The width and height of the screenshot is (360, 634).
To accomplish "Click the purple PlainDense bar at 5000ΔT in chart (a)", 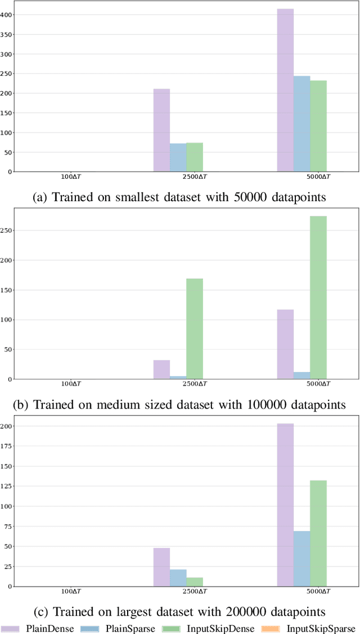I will [285, 90].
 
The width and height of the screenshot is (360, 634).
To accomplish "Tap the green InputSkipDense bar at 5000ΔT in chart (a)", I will [318, 126].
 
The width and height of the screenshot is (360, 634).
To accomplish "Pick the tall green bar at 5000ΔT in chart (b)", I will [318, 297].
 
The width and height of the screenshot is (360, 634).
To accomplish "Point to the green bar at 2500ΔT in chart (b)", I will [195, 328].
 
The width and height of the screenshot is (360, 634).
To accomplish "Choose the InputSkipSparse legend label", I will [321, 628].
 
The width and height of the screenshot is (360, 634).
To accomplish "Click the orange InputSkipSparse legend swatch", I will [271, 628].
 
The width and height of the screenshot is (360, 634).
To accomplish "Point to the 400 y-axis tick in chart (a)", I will [7, 15].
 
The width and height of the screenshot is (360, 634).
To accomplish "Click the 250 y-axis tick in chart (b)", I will [7, 230].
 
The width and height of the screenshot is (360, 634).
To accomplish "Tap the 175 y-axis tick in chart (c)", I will [7, 442].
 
